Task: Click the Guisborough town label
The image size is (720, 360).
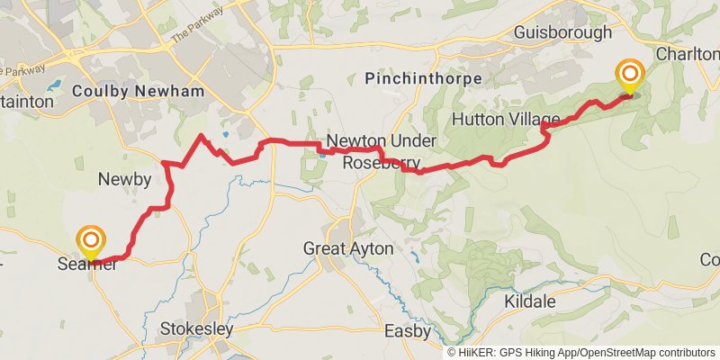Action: pyautogui.click(x=562, y=32)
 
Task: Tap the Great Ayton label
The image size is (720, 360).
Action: pyautogui.click(x=348, y=247)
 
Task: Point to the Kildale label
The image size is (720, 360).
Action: pyautogui.click(x=530, y=301)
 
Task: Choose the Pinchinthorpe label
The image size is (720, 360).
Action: pyautogui.click(x=423, y=80)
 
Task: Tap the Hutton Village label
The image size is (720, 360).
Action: pyautogui.click(x=506, y=119)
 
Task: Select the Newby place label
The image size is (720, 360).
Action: pyautogui.click(x=124, y=179)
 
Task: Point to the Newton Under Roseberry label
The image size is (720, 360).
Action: pyautogui.click(x=381, y=152)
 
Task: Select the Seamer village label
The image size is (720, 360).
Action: pyautogui.click(x=88, y=264)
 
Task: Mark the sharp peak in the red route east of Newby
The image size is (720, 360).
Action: pyautogui.click(x=202, y=137)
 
